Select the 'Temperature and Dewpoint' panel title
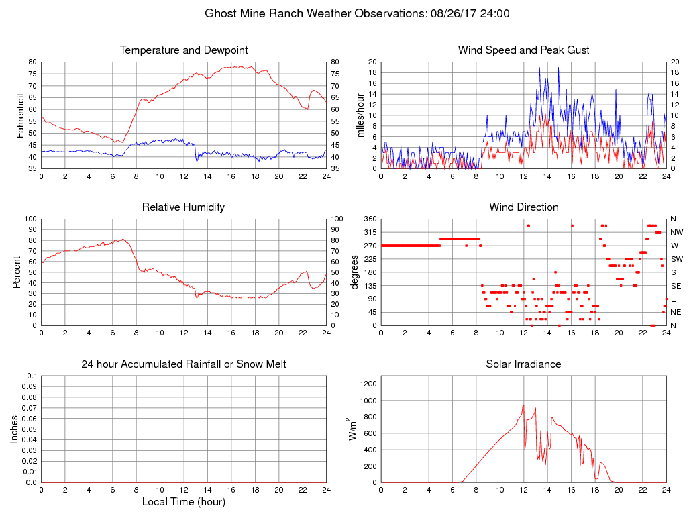click(184, 50)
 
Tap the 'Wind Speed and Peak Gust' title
click(523, 50)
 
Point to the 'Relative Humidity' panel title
click(184, 207)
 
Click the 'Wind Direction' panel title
click(523, 207)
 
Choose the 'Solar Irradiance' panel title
click(523, 364)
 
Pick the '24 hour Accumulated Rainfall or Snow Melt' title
click(184, 364)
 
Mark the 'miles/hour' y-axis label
click(361, 115)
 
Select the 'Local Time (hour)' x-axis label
click(184, 502)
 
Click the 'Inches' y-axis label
click(14, 429)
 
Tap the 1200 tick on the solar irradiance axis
click(368, 384)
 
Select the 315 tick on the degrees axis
click(370, 232)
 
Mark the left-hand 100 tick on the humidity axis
click(30, 219)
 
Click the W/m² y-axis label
click(352, 429)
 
